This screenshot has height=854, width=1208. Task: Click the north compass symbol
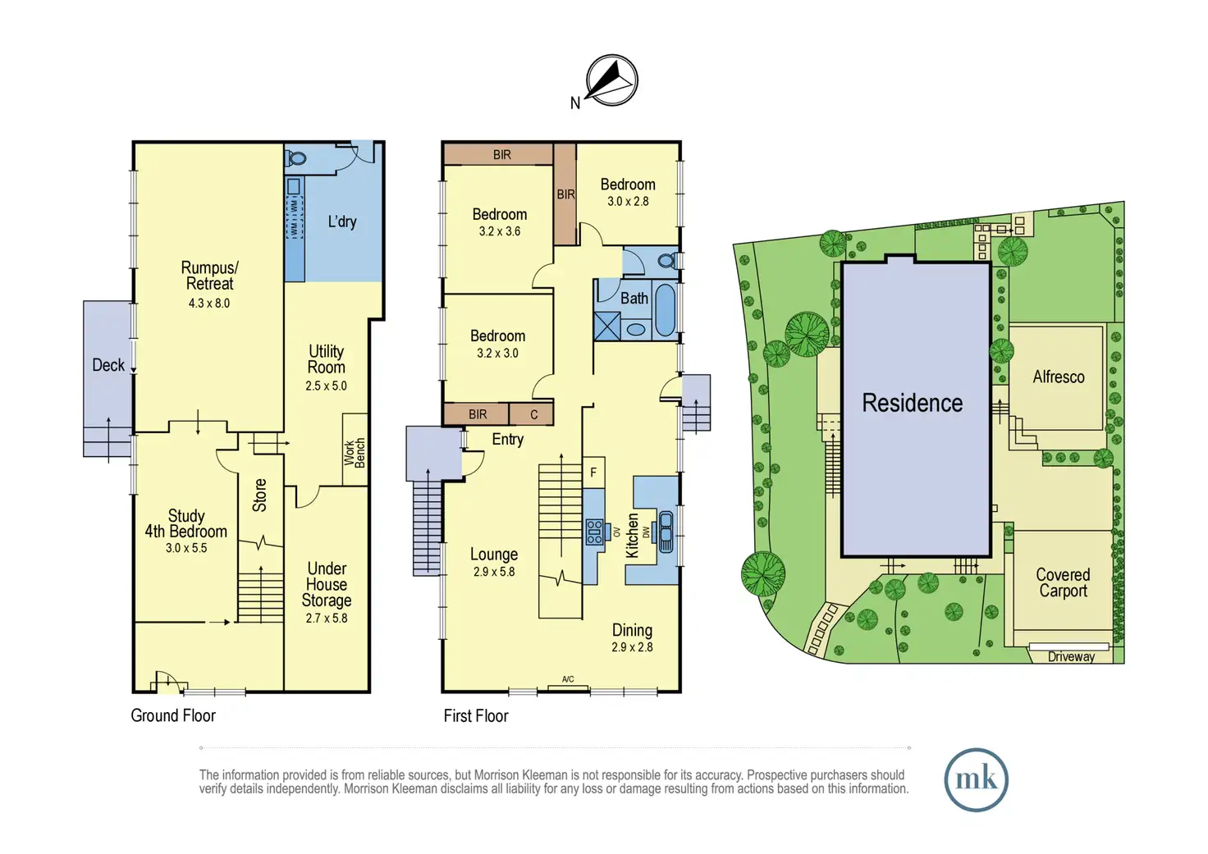pos(611,80)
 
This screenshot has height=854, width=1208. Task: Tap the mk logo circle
pos(976,779)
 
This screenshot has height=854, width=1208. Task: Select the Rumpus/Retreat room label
pos(209,276)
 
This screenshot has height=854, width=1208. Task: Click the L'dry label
pos(342,221)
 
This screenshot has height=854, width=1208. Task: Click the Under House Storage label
pos(327,584)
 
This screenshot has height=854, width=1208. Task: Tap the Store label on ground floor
pos(260,496)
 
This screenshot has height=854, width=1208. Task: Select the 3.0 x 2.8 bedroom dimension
pos(628,201)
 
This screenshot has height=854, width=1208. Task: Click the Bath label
pos(634,298)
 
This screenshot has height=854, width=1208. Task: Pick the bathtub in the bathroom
pos(666,310)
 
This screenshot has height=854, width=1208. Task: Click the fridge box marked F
pos(593,473)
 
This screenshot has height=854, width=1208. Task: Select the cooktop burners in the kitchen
pos(595,532)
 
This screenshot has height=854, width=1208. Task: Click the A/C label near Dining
pos(568,679)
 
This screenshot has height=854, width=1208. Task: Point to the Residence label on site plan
pos(912,403)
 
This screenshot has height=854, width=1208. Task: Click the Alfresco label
pos(1058,377)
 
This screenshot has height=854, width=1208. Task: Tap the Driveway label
pos(1071,656)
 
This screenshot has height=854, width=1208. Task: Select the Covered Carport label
pos(1063,582)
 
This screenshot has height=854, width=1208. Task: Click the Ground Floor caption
pos(173,715)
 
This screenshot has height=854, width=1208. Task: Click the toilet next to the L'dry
pos(298,158)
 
